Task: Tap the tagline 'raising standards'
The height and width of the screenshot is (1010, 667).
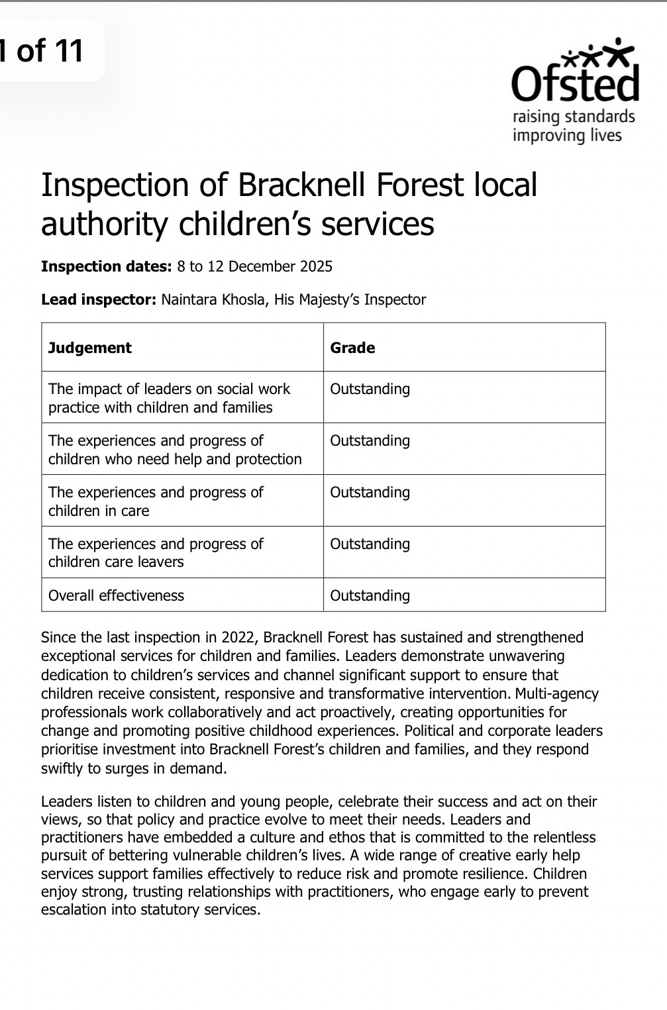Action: [x=574, y=117]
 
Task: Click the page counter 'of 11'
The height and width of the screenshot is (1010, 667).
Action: [x=50, y=50]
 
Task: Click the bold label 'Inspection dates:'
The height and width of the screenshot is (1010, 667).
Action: [x=107, y=267]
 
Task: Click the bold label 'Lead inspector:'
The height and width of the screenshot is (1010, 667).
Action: [x=99, y=300]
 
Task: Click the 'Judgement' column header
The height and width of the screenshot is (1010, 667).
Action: [x=90, y=348]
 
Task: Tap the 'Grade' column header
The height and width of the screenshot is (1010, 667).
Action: [x=352, y=348]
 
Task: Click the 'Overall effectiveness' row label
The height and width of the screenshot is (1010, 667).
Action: [x=116, y=595]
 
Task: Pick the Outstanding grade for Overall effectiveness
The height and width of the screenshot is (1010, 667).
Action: [x=370, y=595]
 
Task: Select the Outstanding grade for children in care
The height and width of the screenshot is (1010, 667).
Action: [x=370, y=493]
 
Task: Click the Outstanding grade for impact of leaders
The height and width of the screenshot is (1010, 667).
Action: [x=370, y=389]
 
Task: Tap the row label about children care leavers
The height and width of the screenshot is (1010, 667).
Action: [x=156, y=553]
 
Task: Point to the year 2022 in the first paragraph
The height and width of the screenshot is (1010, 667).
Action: [x=241, y=638]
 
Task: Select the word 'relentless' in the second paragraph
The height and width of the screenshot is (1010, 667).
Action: [x=562, y=837]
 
